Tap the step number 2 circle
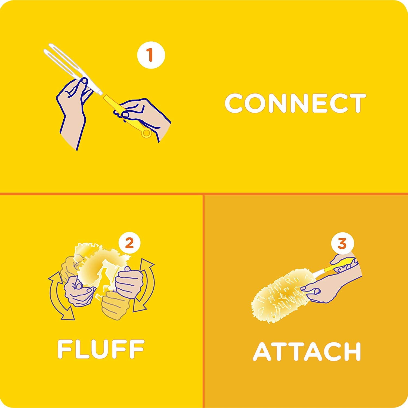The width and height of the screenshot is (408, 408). coord(129,243)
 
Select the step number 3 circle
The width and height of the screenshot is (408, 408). coord(342,243)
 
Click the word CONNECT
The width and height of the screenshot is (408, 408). coord(295,103)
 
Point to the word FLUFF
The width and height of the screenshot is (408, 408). coord(101,349)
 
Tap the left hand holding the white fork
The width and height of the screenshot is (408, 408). coord(73,109)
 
